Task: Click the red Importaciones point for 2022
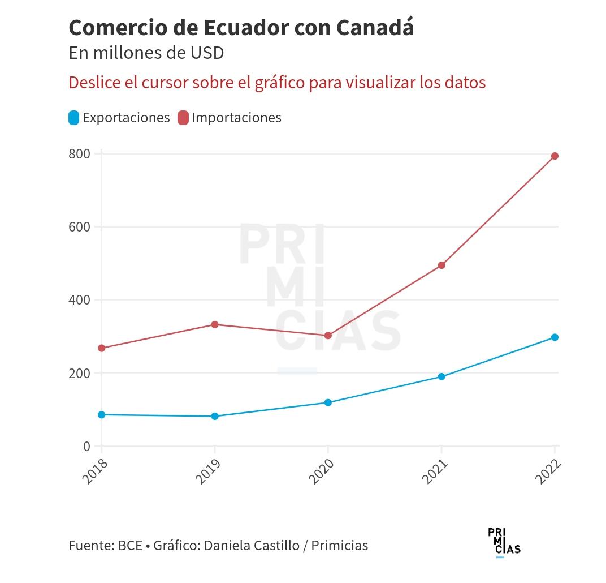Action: click(555, 156)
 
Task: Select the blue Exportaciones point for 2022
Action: click(555, 337)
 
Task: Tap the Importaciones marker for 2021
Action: click(441, 265)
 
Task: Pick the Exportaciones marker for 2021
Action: click(441, 376)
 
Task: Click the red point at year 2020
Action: click(328, 336)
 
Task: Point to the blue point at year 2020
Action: click(328, 402)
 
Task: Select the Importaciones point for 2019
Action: click(215, 324)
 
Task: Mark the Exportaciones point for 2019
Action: click(215, 416)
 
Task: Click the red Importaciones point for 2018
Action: click(102, 348)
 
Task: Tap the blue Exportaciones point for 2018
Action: click(102, 415)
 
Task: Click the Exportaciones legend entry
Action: click(119, 118)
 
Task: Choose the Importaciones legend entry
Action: click(230, 118)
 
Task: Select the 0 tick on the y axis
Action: click(86, 447)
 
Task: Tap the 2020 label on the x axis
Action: click(322, 471)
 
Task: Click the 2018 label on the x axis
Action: click(95, 471)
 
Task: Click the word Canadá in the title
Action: click(375, 27)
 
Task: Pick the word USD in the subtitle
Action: click(207, 53)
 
